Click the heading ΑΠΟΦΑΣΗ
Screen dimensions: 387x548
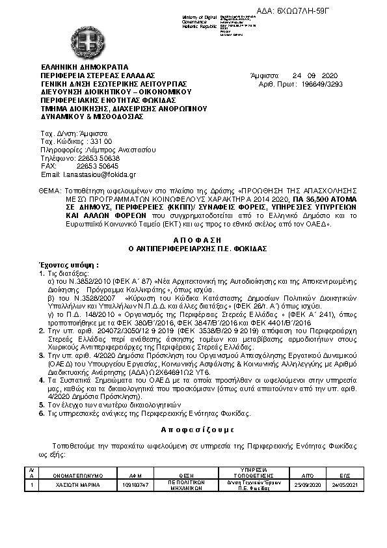(193, 240)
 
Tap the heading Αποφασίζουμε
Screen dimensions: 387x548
(193, 430)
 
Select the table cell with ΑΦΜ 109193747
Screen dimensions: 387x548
(136, 485)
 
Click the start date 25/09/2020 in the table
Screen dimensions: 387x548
(307, 485)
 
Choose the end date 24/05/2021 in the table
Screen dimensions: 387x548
(344, 485)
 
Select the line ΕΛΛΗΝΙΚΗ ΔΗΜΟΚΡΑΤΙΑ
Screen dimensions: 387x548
(85, 66)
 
